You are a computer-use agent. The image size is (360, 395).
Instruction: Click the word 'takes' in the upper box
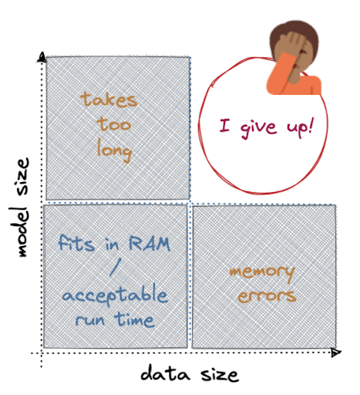point(109,100)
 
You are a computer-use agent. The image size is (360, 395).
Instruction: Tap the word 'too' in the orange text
point(114,124)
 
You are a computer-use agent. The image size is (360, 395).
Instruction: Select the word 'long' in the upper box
point(115,151)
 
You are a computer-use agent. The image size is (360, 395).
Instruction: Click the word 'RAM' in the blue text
point(150,244)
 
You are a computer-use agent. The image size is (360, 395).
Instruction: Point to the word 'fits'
point(76,242)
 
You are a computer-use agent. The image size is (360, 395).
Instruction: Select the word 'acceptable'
point(115,295)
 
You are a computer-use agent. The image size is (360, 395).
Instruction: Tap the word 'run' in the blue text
point(90,321)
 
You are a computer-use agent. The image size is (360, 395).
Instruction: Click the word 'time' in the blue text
point(135,319)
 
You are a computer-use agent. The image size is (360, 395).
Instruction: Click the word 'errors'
point(267,296)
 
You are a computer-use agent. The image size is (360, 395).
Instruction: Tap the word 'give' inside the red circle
point(258,128)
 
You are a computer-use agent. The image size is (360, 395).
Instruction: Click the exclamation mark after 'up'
point(311,125)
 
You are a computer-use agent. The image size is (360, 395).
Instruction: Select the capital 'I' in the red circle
point(224,126)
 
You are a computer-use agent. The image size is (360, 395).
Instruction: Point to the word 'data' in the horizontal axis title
point(165,373)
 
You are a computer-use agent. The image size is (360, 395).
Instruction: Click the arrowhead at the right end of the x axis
point(336,353)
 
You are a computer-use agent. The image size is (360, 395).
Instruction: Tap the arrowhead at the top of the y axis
point(42,57)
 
